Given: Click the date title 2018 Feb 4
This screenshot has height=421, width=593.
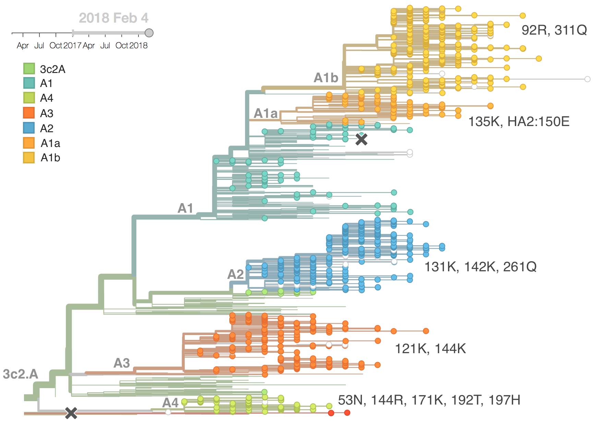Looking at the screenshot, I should click(x=113, y=18).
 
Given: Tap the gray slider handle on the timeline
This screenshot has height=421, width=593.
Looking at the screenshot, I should click(x=149, y=33).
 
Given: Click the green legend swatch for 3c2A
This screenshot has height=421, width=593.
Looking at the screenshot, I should click(x=29, y=69).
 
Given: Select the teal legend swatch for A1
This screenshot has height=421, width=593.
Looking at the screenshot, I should click(x=29, y=83).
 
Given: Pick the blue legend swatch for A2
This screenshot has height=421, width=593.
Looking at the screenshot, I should click(x=29, y=128).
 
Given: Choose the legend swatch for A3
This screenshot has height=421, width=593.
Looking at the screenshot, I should click(x=29, y=113).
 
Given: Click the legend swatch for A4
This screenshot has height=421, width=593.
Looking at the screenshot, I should click(x=29, y=98).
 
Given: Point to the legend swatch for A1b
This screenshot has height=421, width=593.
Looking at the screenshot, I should click(x=29, y=158).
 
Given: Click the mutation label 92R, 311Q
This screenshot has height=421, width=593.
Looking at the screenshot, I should click(x=554, y=30).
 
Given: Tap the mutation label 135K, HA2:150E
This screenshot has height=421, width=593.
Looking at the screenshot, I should click(x=519, y=122).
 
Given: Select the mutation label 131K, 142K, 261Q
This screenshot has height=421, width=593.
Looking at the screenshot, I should click(x=480, y=267).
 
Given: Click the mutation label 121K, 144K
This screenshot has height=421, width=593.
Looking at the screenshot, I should click(x=430, y=349).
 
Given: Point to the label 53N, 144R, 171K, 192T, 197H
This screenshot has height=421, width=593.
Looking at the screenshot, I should click(x=429, y=400).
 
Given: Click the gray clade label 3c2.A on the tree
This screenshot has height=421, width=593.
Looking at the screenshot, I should click(x=21, y=374).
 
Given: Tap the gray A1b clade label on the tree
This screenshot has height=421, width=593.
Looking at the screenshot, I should click(x=326, y=78).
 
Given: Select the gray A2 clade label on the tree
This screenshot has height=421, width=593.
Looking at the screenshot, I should click(x=235, y=274).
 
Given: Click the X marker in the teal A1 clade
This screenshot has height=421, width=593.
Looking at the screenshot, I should click(x=361, y=139).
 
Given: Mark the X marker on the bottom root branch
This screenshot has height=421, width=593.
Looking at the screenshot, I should click(x=71, y=413).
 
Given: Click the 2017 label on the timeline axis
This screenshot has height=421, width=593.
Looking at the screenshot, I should click(x=72, y=46).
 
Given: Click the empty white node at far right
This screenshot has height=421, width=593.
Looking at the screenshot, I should click(x=588, y=79).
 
